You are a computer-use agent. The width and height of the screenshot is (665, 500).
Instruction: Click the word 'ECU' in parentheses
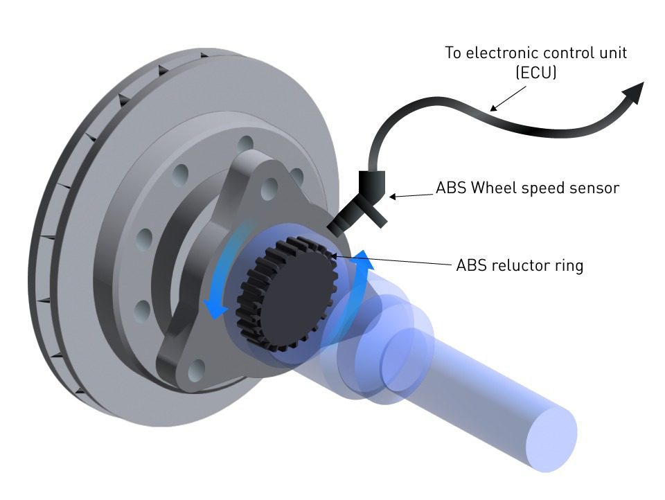click(x=537, y=73)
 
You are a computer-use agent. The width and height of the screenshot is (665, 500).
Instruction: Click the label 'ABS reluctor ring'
click(x=520, y=265)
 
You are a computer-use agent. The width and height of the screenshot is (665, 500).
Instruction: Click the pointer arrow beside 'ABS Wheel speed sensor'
click(x=409, y=197)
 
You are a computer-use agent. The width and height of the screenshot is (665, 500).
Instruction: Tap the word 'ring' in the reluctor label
click(x=569, y=265)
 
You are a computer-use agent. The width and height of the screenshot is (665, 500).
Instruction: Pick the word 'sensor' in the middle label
click(x=595, y=188)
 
